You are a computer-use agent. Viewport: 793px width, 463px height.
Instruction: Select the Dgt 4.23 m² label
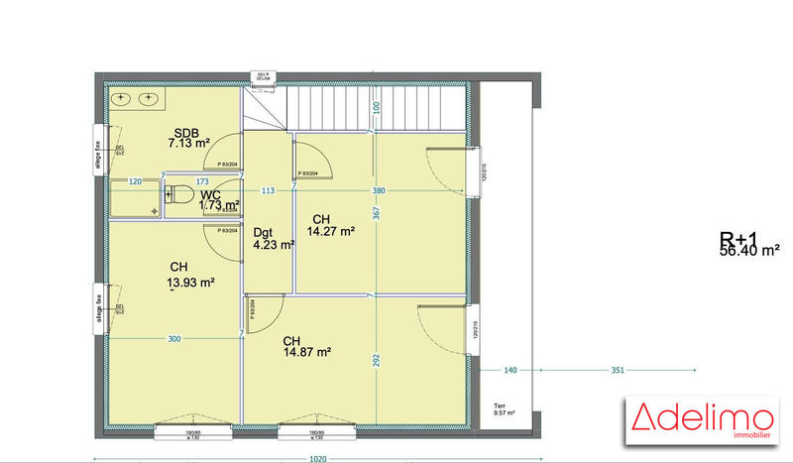click(x=274, y=238)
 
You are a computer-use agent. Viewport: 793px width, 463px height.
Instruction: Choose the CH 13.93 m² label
click(x=191, y=275)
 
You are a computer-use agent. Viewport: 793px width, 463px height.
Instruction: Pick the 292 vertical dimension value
click(x=377, y=361)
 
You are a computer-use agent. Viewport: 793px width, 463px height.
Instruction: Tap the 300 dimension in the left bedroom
click(x=174, y=339)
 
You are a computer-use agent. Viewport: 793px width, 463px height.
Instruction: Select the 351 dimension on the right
click(x=617, y=371)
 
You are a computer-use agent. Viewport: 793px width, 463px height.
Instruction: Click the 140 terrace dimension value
click(x=511, y=371)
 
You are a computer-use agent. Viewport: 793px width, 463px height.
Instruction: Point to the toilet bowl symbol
click(x=177, y=195)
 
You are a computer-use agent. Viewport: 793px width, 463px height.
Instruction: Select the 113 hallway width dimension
click(x=268, y=190)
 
